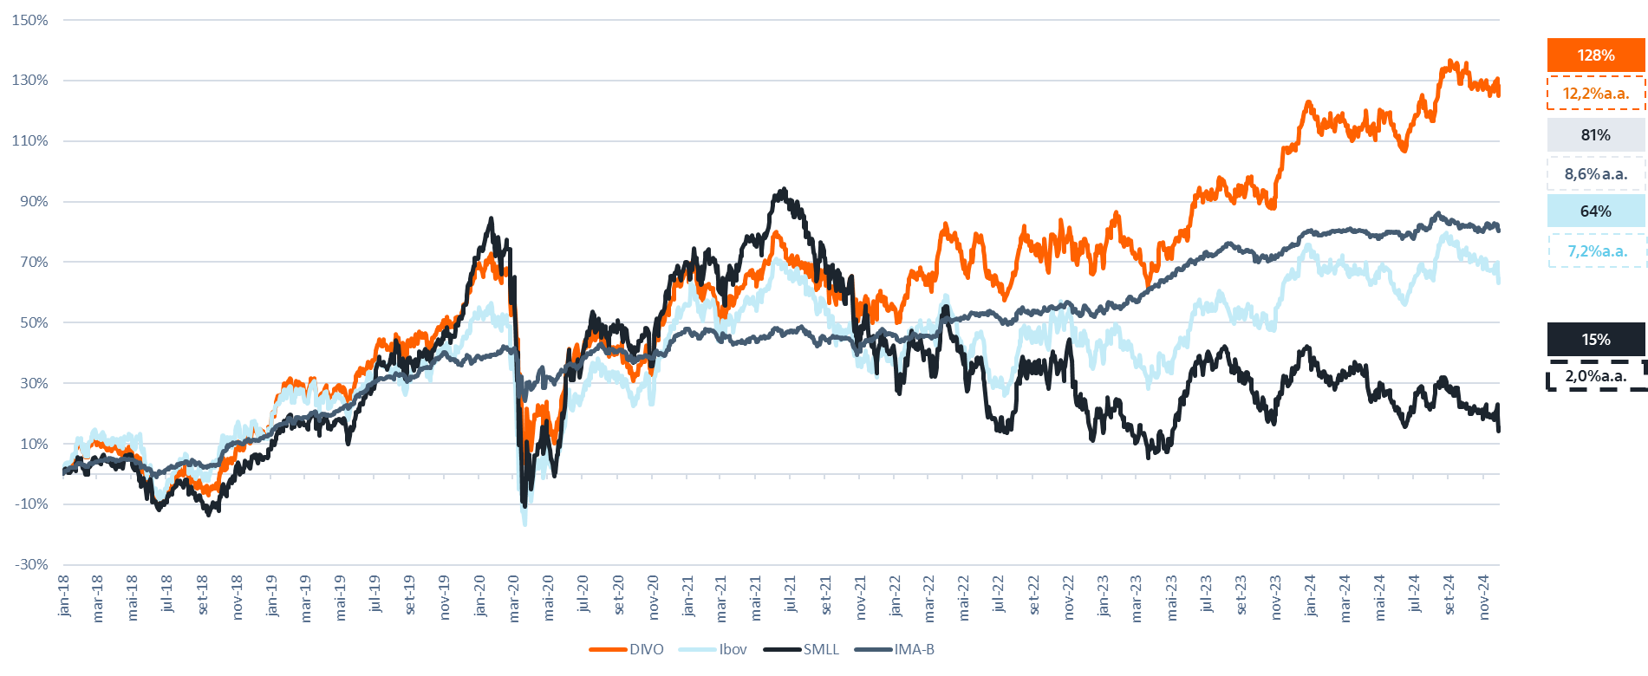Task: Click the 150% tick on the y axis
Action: pos(30,20)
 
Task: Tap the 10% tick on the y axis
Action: pos(34,444)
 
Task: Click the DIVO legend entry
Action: pos(646,649)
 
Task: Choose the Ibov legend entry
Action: pos(733,649)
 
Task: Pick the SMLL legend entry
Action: pos(820,649)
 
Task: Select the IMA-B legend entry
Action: pos(914,649)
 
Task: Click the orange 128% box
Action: pos(1595,55)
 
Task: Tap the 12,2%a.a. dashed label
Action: pos(1595,94)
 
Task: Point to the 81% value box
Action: pos(1595,135)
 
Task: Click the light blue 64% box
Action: pos(1595,211)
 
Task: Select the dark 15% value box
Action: pos(1595,340)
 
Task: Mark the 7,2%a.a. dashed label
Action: pos(1595,251)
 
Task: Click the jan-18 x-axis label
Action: pos(64,595)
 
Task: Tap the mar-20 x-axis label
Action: pos(514,595)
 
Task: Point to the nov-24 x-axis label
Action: pos(1484,595)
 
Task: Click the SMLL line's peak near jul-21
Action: pos(784,189)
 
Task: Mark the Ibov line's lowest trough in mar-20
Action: pos(524,523)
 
